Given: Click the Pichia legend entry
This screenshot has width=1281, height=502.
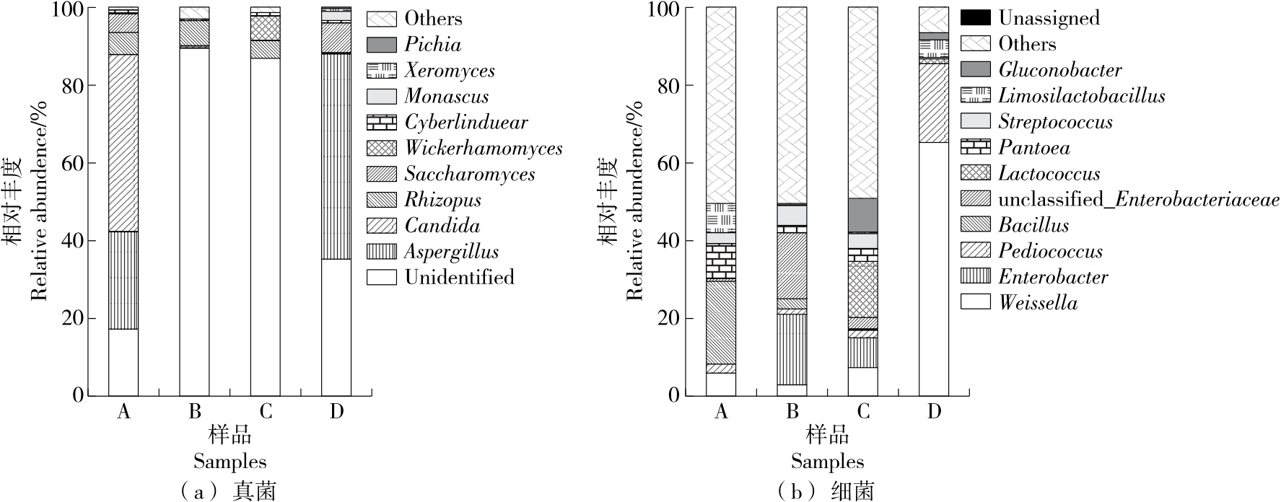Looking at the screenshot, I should [x=432, y=45].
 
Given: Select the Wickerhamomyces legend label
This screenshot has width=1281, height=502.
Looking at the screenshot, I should [x=483, y=149].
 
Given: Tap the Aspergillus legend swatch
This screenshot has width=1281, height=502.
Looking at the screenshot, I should [x=382, y=252].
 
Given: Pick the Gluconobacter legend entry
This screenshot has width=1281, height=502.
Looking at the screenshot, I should [x=1059, y=70].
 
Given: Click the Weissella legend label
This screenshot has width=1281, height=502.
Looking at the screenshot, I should [x=1038, y=303].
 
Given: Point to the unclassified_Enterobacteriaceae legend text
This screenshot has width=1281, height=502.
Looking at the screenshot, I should [x=1139, y=200].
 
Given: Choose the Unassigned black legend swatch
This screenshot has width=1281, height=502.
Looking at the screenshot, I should [x=976, y=18].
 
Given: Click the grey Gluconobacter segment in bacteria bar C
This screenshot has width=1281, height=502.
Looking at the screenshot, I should [x=863, y=214].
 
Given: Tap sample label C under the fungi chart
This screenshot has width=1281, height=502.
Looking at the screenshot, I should [x=266, y=412].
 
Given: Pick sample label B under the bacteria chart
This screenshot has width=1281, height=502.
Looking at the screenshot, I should [x=792, y=412].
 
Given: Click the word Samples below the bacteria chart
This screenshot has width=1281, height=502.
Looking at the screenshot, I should [x=827, y=462].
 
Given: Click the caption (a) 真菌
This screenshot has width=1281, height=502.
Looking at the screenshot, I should [x=225, y=492].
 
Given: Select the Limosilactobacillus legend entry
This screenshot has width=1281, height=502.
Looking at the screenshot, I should [x=1081, y=96].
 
